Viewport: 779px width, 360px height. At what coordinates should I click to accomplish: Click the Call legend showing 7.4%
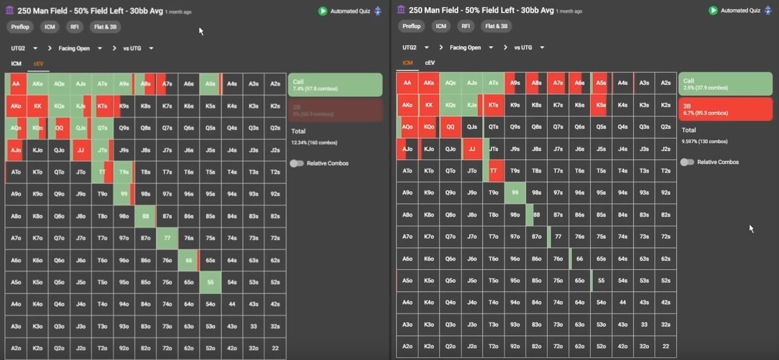pos(335,85)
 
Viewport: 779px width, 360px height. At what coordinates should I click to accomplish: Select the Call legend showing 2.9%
pos(725,84)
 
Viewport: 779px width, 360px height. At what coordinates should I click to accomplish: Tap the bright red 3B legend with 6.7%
pos(725,108)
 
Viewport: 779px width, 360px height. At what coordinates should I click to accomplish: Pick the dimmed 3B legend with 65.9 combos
pos(335,110)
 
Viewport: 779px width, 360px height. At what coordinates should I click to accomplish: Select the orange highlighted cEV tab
pos(39,63)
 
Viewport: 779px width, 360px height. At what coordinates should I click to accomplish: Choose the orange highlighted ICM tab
pos(408,63)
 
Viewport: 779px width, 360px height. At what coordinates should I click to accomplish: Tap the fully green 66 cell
pos(189,260)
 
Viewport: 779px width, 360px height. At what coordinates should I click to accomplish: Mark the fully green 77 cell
pos(167,238)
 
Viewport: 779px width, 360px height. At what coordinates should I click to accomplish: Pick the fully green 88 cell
pos(146,216)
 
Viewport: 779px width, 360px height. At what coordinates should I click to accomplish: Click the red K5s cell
pos(601,105)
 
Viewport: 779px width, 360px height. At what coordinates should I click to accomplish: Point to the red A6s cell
pos(580,83)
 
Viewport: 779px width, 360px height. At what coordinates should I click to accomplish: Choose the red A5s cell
pos(601,83)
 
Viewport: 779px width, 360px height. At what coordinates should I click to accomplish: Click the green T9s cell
pos(124,172)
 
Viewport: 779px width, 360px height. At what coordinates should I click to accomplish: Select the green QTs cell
pos(103,128)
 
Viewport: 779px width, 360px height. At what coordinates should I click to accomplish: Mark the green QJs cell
pos(81,128)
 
